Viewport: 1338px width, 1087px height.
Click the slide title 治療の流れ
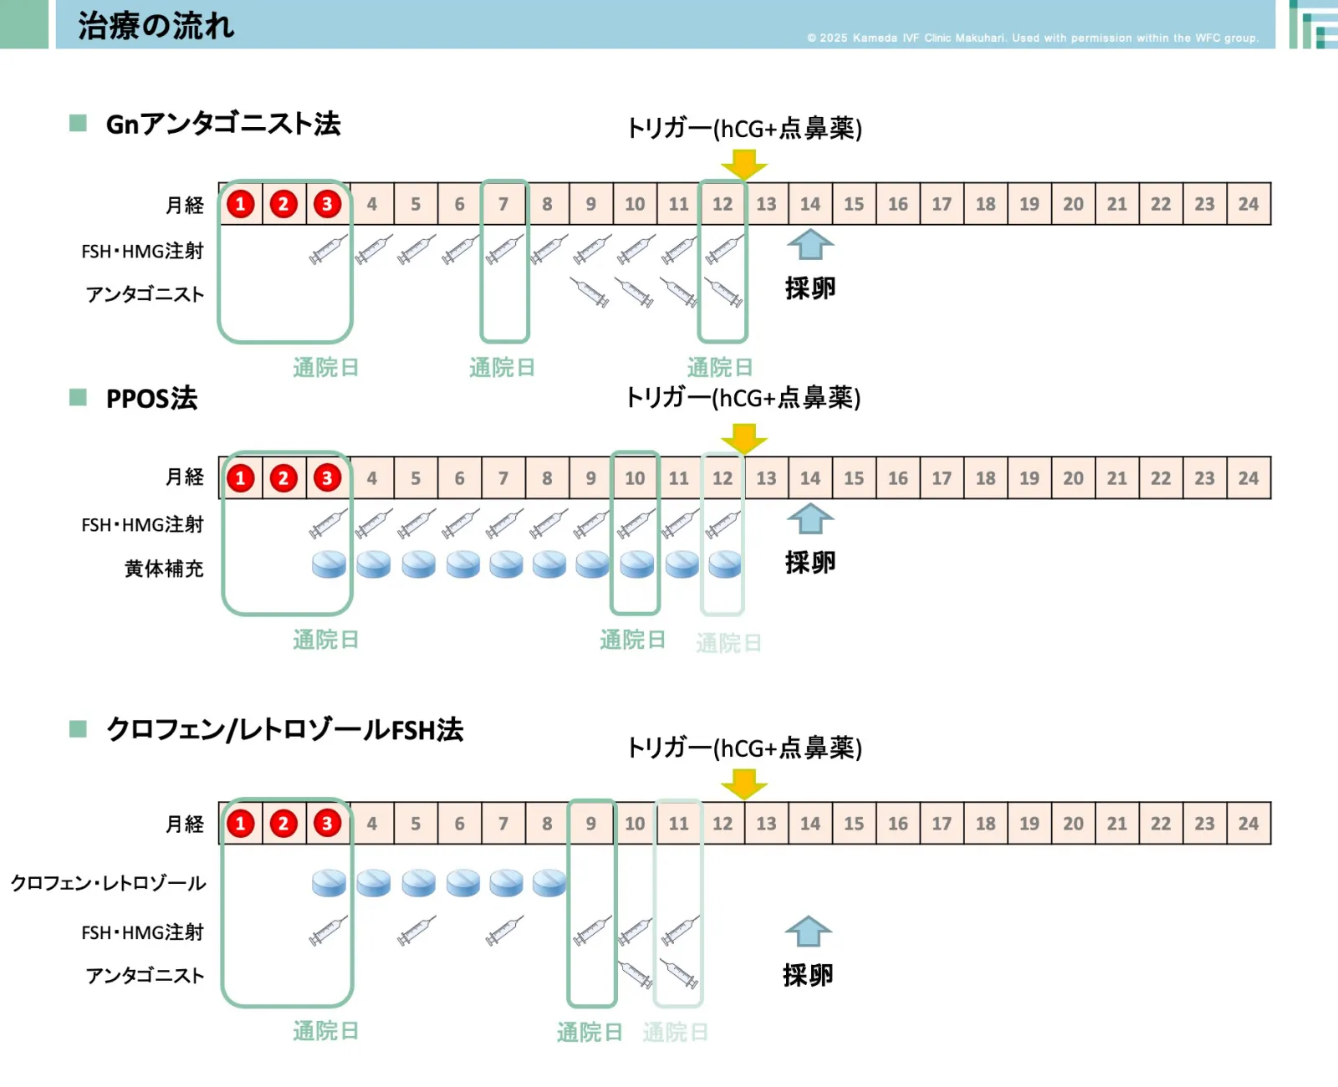pyautogui.click(x=156, y=26)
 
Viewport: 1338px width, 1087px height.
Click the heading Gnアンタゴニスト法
pyautogui.click(x=223, y=124)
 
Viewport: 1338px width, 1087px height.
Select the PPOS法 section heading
pyautogui.click(x=151, y=398)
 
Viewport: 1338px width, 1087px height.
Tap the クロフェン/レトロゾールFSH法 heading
pyautogui.click(x=284, y=729)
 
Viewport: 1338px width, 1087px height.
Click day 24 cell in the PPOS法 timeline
pyautogui.click(x=1248, y=478)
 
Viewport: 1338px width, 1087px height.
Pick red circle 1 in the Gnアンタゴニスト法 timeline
pyautogui.click(x=241, y=204)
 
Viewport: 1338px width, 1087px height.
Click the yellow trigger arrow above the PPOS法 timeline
pyautogui.click(x=743, y=437)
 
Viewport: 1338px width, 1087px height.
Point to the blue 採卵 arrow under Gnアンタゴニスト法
pyautogui.click(x=809, y=245)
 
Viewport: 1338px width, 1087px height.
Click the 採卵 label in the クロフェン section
pyautogui.click(x=808, y=975)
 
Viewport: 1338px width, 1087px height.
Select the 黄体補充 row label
pyautogui.click(x=164, y=569)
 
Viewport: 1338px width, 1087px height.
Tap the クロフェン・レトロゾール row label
pyautogui.click(x=108, y=883)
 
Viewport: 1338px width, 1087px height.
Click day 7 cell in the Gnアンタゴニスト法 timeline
pyautogui.click(x=503, y=204)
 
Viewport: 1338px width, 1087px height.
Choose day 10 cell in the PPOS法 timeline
pyautogui.click(x=635, y=478)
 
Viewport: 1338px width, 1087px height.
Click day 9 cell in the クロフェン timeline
pyautogui.click(x=590, y=824)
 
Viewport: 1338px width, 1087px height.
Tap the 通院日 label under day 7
pyautogui.click(x=502, y=367)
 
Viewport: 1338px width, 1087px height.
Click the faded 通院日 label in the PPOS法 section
pyautogui.click(x=728, y=642)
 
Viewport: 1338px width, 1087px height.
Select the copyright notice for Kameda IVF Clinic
pyautogui.click(x=1032, y=38)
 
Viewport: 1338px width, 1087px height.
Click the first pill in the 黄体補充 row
pyautogui.click(x=329, y=564)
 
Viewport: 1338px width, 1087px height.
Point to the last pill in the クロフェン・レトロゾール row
pyautogui.click(x=549, y=882)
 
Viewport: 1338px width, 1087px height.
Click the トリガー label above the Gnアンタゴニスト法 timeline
pyautogui.click(x=743, y=128)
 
